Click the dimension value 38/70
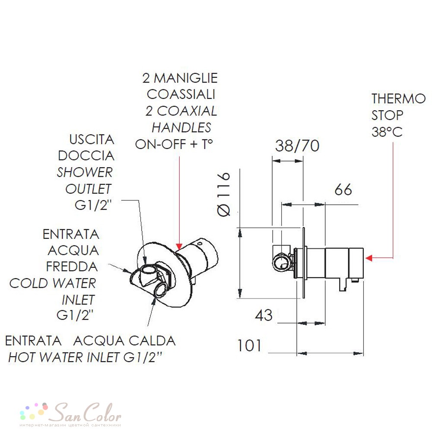coord(297,146)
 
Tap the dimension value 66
coord(343,190)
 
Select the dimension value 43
coord(264,315)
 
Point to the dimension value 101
coord(249,346)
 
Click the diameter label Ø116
coord(224,194)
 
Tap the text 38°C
coord(387,132)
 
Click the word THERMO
coord(399,98)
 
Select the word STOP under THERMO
coord(388,115)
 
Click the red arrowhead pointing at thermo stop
coord(369,258)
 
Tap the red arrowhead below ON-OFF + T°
coord(179,246)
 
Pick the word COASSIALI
coord(181,94)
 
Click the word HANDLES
coord(181,127)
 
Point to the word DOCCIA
coord(86,156)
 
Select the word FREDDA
coord(72,267)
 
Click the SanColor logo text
coord(87,413)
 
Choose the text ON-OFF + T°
coord(174,144)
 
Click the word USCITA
coord(92,139)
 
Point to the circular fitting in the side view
coord(281,261)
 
